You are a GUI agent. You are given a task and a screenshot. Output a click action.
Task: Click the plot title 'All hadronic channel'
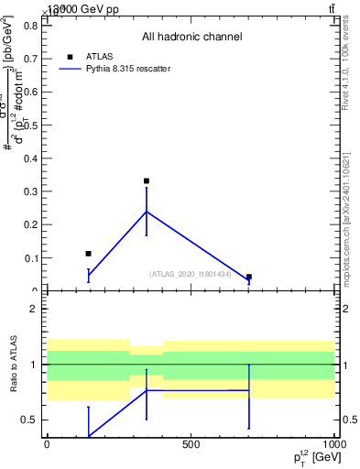click(191, 38)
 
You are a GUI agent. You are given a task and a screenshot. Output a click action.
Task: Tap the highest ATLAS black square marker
click(147, 181)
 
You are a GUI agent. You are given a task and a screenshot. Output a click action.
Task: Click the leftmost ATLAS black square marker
click(88, 254)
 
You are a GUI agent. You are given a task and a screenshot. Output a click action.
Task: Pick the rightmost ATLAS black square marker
click(248, 277)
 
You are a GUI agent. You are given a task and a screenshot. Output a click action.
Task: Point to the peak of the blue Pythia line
click(147, 212)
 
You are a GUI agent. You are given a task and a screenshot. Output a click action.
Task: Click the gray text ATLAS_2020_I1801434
click(191, 274)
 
